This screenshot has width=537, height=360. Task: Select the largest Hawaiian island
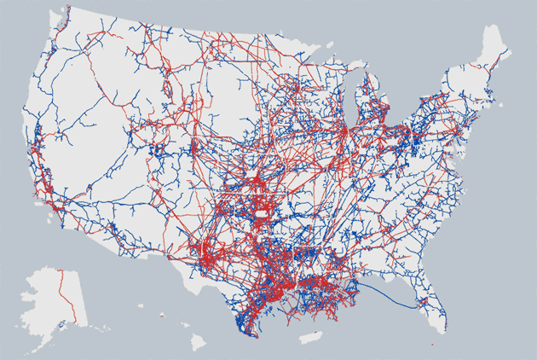tap(198, 341)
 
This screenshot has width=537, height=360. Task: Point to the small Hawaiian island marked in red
tap(159, 316)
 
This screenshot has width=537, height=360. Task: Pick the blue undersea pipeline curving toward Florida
tap(401, 299)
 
